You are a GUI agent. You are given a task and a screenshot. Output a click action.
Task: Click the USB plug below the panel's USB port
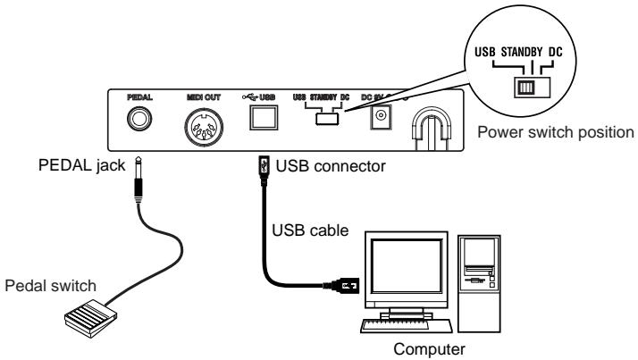click(261, 167)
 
